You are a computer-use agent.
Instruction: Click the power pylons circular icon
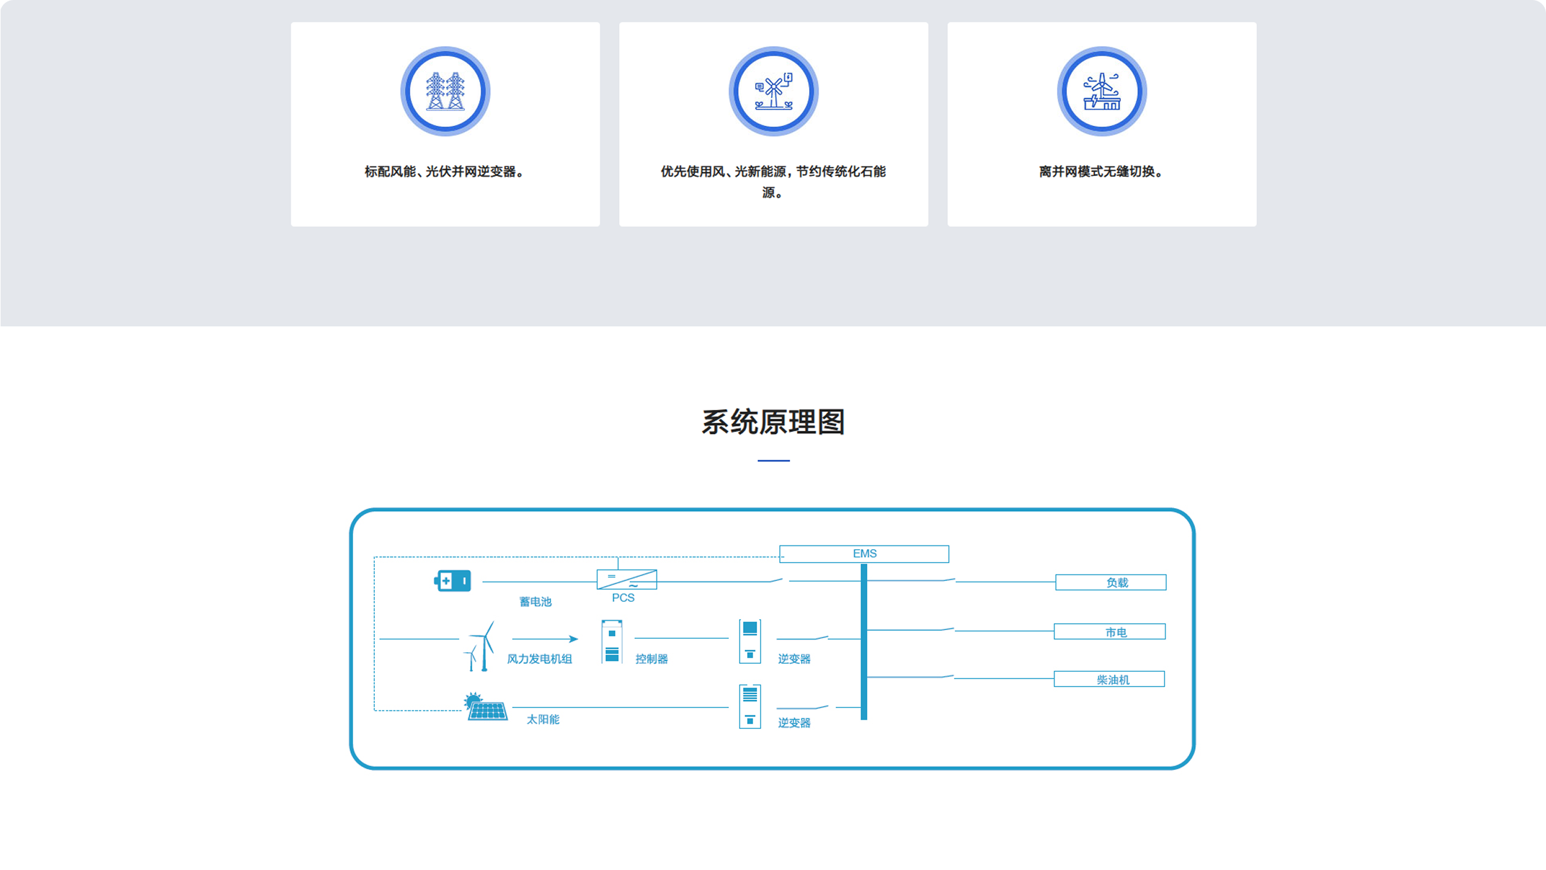coord(445,91)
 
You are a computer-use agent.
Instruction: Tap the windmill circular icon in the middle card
coord(773,91)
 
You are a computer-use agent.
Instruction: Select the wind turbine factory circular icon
coord(1101,91)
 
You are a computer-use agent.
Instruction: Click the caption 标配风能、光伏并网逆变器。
coord(445,172)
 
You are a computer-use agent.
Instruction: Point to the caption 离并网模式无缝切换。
coord(1101,172)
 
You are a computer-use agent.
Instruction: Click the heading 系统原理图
coord(773,422)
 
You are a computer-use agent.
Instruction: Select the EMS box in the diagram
coord(864,553)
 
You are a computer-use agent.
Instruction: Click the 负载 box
coord(1110,582)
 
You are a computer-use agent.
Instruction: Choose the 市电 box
coord(1109,632)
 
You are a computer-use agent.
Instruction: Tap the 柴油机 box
coord(1109,679)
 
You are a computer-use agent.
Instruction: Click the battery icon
coord(452,580)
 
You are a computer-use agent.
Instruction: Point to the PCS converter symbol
coord(626,579)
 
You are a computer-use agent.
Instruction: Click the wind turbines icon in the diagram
coord(480,646)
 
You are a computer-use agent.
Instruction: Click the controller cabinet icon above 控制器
coord(612,641)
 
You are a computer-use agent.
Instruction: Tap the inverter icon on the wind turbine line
coord(750,641)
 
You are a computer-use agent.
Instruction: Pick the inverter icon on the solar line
coord(750,706)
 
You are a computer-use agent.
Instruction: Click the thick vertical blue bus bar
coord(864,641)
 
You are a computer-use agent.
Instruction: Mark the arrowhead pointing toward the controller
coord(574,639)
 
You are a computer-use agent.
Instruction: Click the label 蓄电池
coord(535,602)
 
